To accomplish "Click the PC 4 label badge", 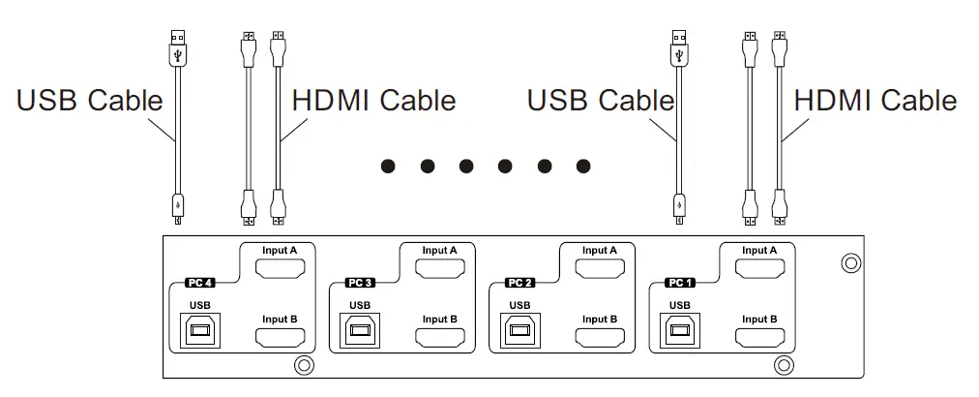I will tap(200, 285).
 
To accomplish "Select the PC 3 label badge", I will tap(360, 285).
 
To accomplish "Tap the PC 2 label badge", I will tap(520, 285).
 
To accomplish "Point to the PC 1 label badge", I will tap(680, 285).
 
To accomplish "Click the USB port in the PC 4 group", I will tap(200, 332).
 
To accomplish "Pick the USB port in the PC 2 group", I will tap(520, 332).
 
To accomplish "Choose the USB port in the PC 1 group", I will tap(680, 332).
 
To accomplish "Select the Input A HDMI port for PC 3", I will tap(440, 268).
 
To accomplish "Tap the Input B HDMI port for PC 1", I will tap(760, 337).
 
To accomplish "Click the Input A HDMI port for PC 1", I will tap(760, 268).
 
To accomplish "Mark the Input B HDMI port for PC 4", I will tap(281, 337).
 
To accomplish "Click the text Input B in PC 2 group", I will tap(600, 319).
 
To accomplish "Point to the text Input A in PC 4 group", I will tap(281, 250).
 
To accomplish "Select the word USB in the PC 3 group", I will tap(360, 306).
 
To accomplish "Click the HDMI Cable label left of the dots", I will tap(373, 100).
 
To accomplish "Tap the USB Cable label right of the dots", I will tap(600, 100).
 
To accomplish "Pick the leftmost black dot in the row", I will tap(388, 167).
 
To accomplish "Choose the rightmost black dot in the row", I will tap(583, 167).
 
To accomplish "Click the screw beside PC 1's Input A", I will tap(850, 262).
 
